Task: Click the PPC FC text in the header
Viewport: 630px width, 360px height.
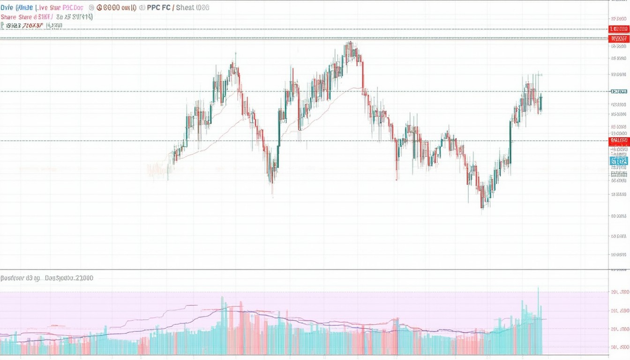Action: coord(159,8)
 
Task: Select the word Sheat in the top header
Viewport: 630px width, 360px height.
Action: coord(186,8)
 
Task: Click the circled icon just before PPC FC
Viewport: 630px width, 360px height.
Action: coord(142,8)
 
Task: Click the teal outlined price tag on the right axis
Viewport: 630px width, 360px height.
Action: coord(619,91)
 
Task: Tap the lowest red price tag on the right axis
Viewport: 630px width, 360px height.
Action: coord(619,140)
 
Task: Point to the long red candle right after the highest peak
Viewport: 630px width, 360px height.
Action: coord(363,75)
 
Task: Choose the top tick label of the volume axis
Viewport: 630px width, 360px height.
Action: coord(620,292)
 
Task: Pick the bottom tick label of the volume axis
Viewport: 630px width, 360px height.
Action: coord(620,347)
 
